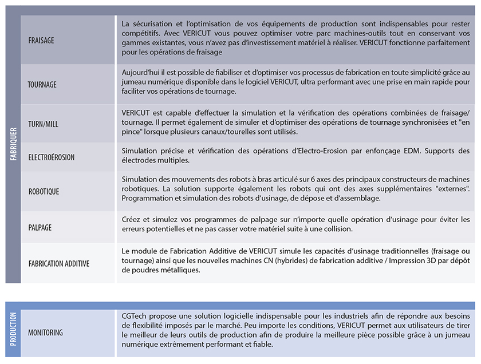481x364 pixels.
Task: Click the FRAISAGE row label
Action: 41,41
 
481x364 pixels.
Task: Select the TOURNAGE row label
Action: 42,85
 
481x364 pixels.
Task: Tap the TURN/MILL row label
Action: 44,124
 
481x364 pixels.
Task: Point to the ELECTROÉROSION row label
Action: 52,157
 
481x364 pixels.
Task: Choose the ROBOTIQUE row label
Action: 44,192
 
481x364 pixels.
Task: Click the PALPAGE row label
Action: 40,227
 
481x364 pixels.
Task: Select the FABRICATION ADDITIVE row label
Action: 59,264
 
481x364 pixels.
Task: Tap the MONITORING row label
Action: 46,333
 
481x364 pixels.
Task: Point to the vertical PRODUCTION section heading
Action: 13,330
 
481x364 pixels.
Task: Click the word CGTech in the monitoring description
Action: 134,316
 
